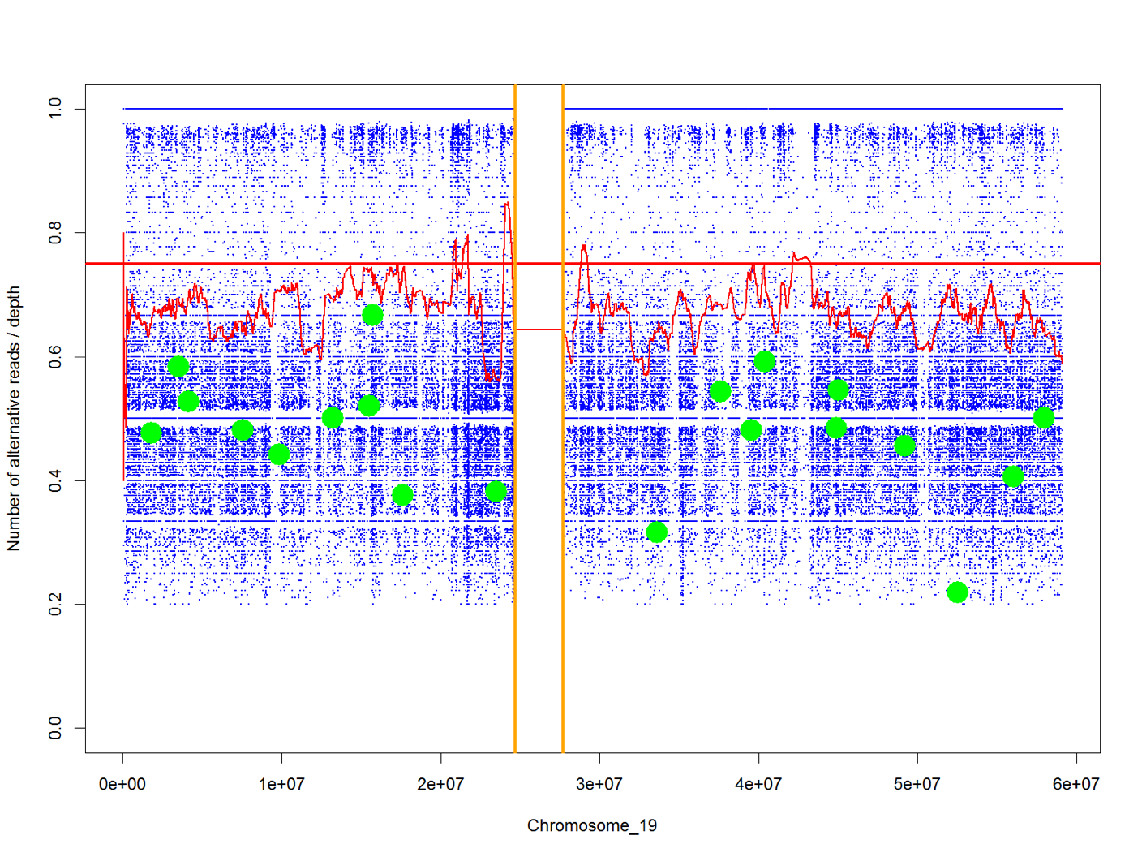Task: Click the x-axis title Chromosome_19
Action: pos(591,825)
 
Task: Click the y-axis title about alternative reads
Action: pos(14,418)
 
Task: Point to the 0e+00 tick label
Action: pos(122,784)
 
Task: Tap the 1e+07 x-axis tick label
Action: pos(281,784)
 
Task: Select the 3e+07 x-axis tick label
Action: pos(599,784)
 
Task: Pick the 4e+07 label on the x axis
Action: pos(758,784)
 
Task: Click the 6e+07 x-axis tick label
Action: pos(1076,784)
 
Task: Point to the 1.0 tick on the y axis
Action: pos(55,109)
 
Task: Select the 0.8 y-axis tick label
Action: pos(55,233)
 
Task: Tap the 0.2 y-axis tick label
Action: pos(55,605)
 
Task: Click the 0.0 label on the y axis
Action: pos(55,728)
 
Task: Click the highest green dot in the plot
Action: pos(372,315)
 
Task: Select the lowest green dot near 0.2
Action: pos(957,592)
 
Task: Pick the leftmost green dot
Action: pos(151,433)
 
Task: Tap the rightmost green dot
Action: pos(1044,418)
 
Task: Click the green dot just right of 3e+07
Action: pos(657,532)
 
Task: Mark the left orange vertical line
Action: pos(515,487)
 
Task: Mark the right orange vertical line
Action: pos(563,487)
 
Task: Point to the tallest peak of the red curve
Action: pos(507,204)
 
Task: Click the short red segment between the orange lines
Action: pos(539,329)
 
